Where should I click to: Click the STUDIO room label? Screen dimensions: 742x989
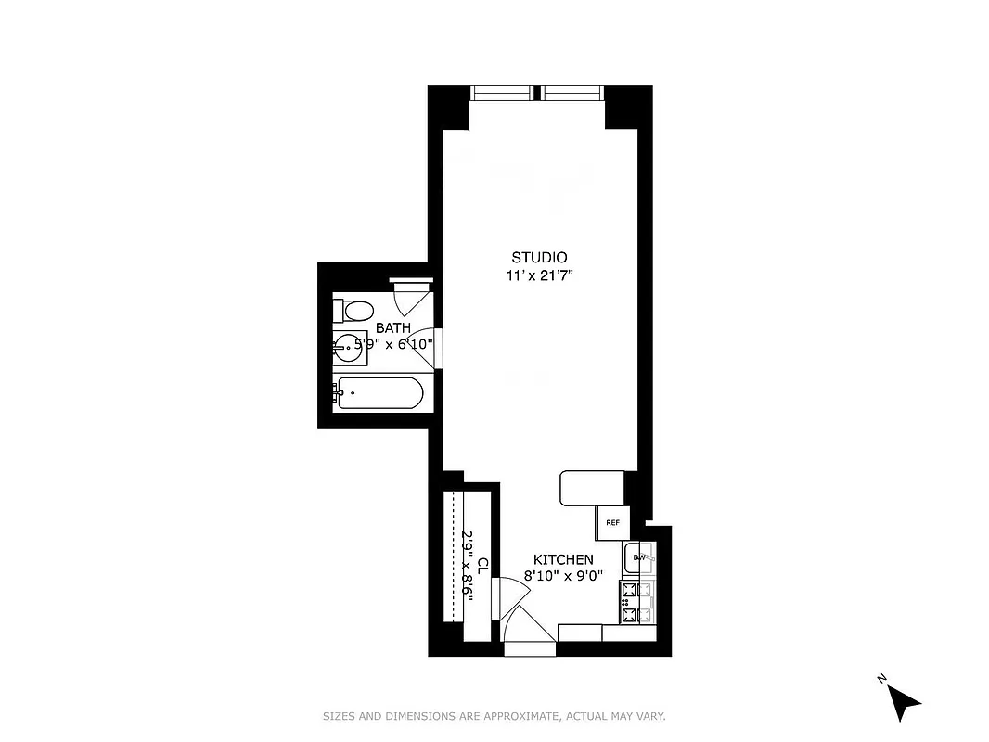click(539, 257)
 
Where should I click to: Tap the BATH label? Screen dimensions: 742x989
click(392, 328)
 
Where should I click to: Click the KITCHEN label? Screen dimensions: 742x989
click(563, 559)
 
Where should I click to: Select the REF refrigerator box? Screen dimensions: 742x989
click(612, 522)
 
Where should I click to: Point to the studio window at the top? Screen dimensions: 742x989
click(538, 93)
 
